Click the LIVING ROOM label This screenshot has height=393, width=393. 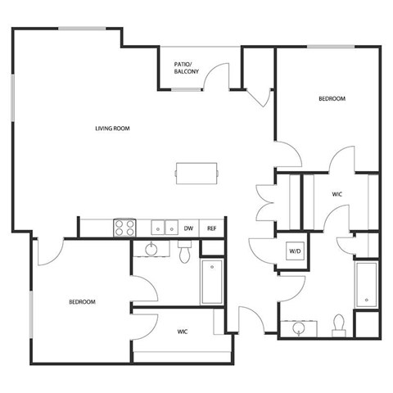click(113, 128)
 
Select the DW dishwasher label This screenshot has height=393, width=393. click(187, 228)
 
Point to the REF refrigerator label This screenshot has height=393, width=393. click(211, 228)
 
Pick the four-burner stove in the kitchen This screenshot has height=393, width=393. click(124, 228)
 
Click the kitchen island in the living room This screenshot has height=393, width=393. click(196, 173)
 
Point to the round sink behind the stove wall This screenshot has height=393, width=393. click(151, 249)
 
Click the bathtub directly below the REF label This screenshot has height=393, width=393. click(213, 282)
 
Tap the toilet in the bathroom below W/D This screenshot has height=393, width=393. click(338, 325)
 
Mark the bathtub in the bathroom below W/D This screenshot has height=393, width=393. click(365, 286)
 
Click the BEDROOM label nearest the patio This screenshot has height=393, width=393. click(332, 99)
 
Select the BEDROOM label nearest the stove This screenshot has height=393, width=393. click(82, 302)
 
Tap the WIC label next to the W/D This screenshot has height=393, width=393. click(337, 195)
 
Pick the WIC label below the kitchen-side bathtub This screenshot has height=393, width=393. click(183, 332)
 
